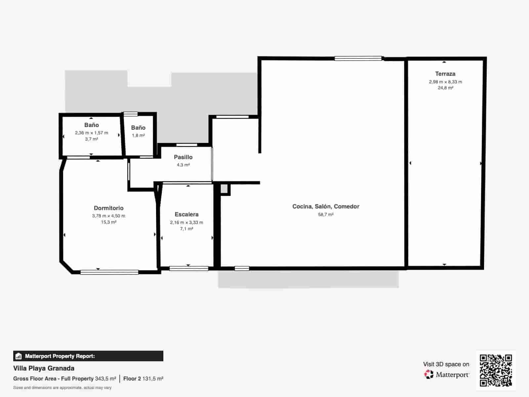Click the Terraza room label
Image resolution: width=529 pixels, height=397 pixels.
pyautogui.click(x=445, y=74)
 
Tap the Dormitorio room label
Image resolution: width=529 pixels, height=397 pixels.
pyautogui.click(x=108, y=208)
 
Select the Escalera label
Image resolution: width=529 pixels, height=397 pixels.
pyautogui.click(x=186, y=214)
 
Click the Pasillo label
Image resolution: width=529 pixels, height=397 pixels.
pyautogui.click(x=183, y=157)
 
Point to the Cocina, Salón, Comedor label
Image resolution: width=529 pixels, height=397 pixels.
pyautogui.click(x=326, y=206)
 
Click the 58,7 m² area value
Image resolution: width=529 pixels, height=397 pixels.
pyautogui.click(x=326, y=214)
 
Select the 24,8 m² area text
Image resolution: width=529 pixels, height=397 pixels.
pyautogui.click(x=445, y=88)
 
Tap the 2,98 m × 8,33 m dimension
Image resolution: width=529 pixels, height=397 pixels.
pyautogui.click(x=445, y=82)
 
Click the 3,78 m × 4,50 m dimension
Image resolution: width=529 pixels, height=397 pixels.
pyautogui.click(x=108, y=216)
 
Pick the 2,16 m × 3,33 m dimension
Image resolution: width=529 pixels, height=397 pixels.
pyautogui.click(x=186, y=222)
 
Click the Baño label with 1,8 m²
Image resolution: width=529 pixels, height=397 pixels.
pyautogui.click(x=138, y=128)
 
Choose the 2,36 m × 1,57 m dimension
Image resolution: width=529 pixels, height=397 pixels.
pyautogui.click(x=92, y=133)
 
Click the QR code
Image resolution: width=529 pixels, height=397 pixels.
pyautogui.click(x=496, y=370)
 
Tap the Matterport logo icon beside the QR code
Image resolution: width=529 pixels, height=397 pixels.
pyautogui.click(x=429, y=375)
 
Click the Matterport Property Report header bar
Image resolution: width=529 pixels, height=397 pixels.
pyautogui.click(x=88, y=356)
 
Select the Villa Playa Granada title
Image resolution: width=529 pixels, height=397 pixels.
pyautogui.click(x=44, y=368)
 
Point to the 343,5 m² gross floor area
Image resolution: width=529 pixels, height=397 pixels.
pyautogui.click(x=105, y=378)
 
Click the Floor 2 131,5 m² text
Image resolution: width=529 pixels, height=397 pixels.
pyautogui.click(x=143, y=378)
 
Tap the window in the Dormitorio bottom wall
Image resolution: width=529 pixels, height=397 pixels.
pyautogui.click(x=109, y=272)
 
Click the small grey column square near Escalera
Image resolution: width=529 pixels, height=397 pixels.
pyautogui.click(x=224, y=189)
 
